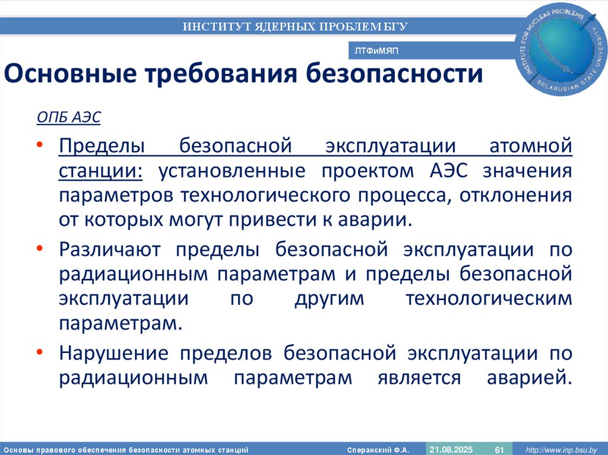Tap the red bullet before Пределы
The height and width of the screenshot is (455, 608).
[39, 145]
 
